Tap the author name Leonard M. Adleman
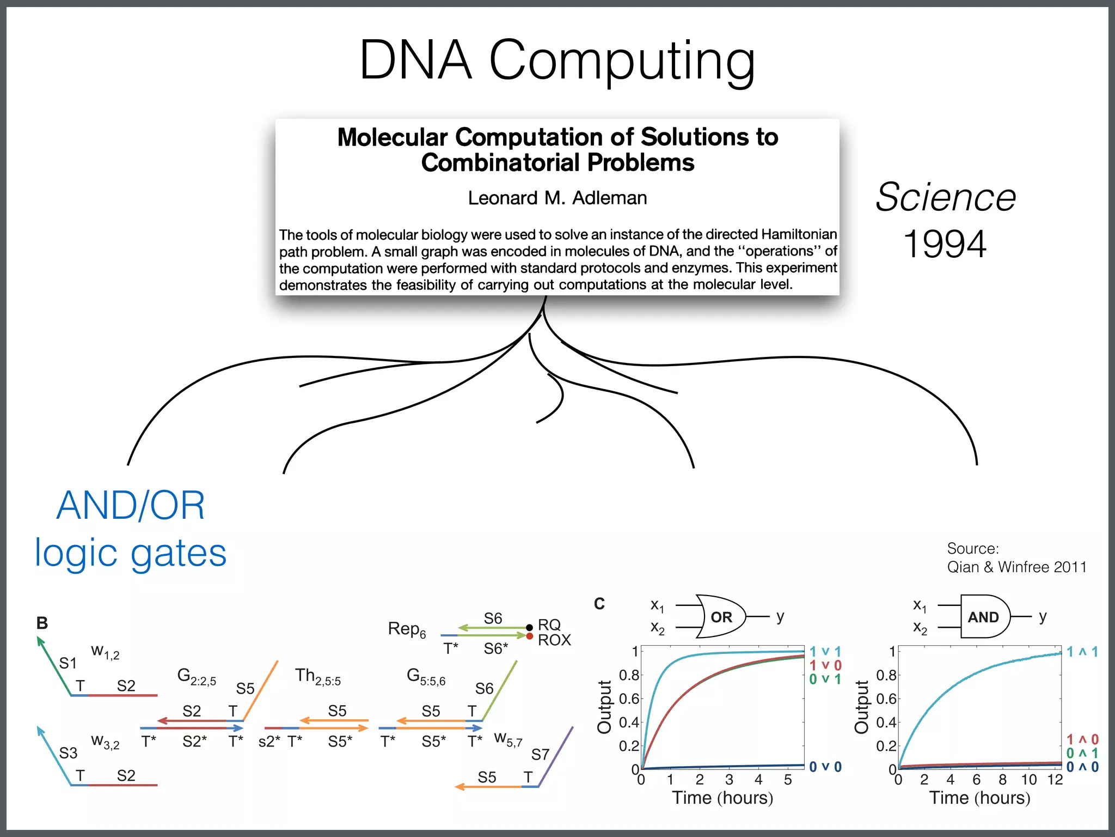tap(557, 198)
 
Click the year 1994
tap(945, 244)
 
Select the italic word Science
tap(946, 197)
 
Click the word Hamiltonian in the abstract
tap(799, 234)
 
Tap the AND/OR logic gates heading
tap(131, 529)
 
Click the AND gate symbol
tap(984, 617)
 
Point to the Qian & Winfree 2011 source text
tap(1016, 567)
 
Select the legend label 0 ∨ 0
tap(825, 767)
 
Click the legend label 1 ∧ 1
tap(1082, 652)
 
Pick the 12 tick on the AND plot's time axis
tap(1055, 780)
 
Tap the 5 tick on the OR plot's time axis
tap(788, 780)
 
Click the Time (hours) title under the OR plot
tap(722, 798)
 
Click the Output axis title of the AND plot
tap(861, 707)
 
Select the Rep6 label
tap(407, 629)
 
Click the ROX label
tap(554, 640)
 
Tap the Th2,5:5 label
tap(318, 676)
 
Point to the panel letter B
tap(42, 623)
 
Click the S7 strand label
tap(540, 755)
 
